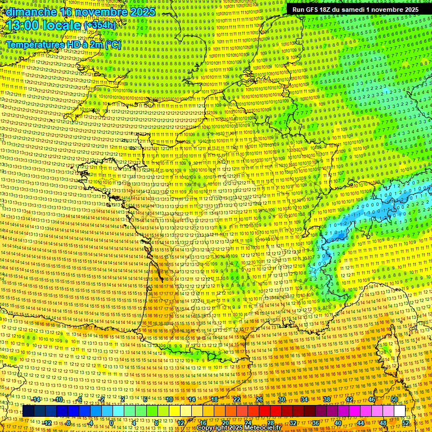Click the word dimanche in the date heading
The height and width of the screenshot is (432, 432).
click(31, 12)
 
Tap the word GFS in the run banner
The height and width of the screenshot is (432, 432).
click(312, 10)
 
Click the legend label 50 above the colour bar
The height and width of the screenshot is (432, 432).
click(394, 399)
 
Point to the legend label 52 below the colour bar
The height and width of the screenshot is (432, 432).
click(406, 423)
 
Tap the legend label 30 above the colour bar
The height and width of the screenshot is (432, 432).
click(281, 399)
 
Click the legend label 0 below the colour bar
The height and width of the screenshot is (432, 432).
click(112, 423)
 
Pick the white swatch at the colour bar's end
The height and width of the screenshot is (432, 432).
click(399, 411)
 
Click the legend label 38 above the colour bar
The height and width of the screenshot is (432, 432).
click(326, 399)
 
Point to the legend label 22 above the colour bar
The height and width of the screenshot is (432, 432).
click(236, 399)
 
